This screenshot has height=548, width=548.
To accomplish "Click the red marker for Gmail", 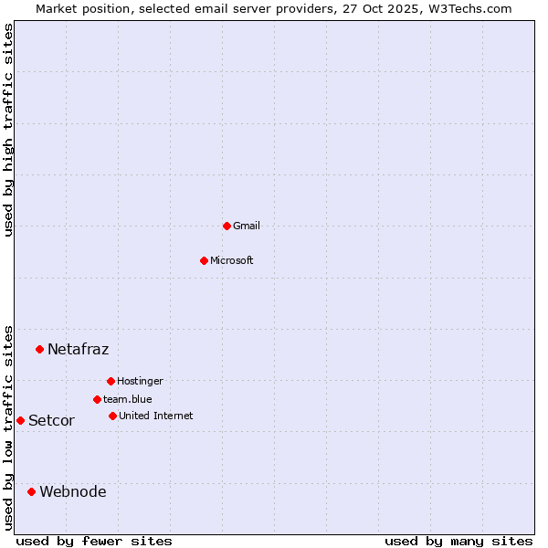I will (227, 226).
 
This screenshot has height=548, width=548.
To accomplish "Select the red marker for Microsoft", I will (204, 260).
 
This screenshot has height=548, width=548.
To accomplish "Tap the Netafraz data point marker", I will (39, 349).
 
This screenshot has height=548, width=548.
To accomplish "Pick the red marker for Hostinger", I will (111, 381).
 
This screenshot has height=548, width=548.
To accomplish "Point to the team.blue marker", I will (97, 399).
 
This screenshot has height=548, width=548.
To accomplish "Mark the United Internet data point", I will (112, 416).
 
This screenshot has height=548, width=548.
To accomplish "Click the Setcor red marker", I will (20, 420).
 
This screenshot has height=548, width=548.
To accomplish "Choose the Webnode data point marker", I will (31, 491).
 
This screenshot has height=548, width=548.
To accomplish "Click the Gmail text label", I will (247, 226).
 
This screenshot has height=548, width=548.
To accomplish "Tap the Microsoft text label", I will (232, 260).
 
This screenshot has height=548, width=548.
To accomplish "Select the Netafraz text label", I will (78, 349).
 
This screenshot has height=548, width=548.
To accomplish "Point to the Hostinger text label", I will (140, 381).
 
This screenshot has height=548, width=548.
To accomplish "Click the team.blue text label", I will (128, 399).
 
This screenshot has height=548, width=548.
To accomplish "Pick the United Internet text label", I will (156, 416).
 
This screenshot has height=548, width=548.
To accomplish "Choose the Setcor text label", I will (51, 420).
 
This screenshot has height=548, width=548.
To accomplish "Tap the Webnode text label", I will (72, 491).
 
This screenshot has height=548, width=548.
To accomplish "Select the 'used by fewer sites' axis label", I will (94, 541).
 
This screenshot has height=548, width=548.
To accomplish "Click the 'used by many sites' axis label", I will (458, 541).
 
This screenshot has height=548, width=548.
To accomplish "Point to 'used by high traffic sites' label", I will (8, 130).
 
